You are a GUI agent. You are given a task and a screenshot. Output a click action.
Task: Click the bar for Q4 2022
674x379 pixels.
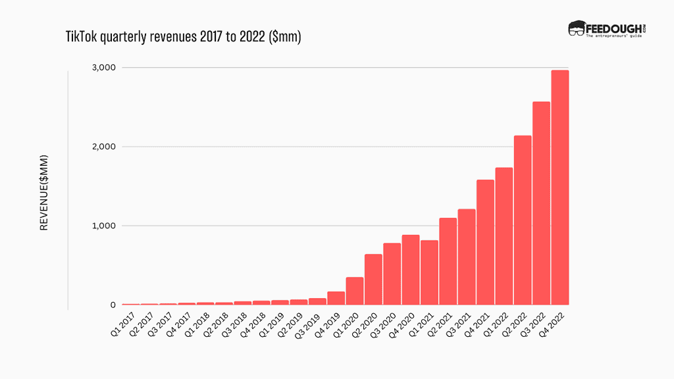(559, 188)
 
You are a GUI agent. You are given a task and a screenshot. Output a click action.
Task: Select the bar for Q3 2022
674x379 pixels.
(541, 203)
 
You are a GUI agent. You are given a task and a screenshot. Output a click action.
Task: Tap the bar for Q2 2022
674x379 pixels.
(523, 220)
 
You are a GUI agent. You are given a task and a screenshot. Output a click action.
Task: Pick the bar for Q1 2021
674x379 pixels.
(429, 272)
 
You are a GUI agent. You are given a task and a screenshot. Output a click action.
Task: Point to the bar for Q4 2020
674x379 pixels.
(411, 270)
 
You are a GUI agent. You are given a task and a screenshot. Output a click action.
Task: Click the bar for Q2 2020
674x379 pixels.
(373, 280)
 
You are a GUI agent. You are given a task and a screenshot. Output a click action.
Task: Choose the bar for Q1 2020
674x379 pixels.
(355, 291)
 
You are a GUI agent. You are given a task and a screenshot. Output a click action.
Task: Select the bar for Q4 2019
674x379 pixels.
(336, 298)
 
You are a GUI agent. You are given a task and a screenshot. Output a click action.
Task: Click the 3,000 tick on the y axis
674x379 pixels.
(103, 67)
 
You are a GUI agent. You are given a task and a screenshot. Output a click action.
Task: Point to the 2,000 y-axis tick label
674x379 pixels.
(103, 147)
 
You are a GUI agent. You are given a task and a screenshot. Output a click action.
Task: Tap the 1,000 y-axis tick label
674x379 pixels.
(103, 226)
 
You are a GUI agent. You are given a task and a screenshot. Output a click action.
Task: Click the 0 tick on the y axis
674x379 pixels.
(113, 305)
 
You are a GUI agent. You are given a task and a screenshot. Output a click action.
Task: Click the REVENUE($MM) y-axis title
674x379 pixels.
(45, 193)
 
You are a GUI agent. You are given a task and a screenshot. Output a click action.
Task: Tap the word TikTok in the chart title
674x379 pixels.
(81, 38)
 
